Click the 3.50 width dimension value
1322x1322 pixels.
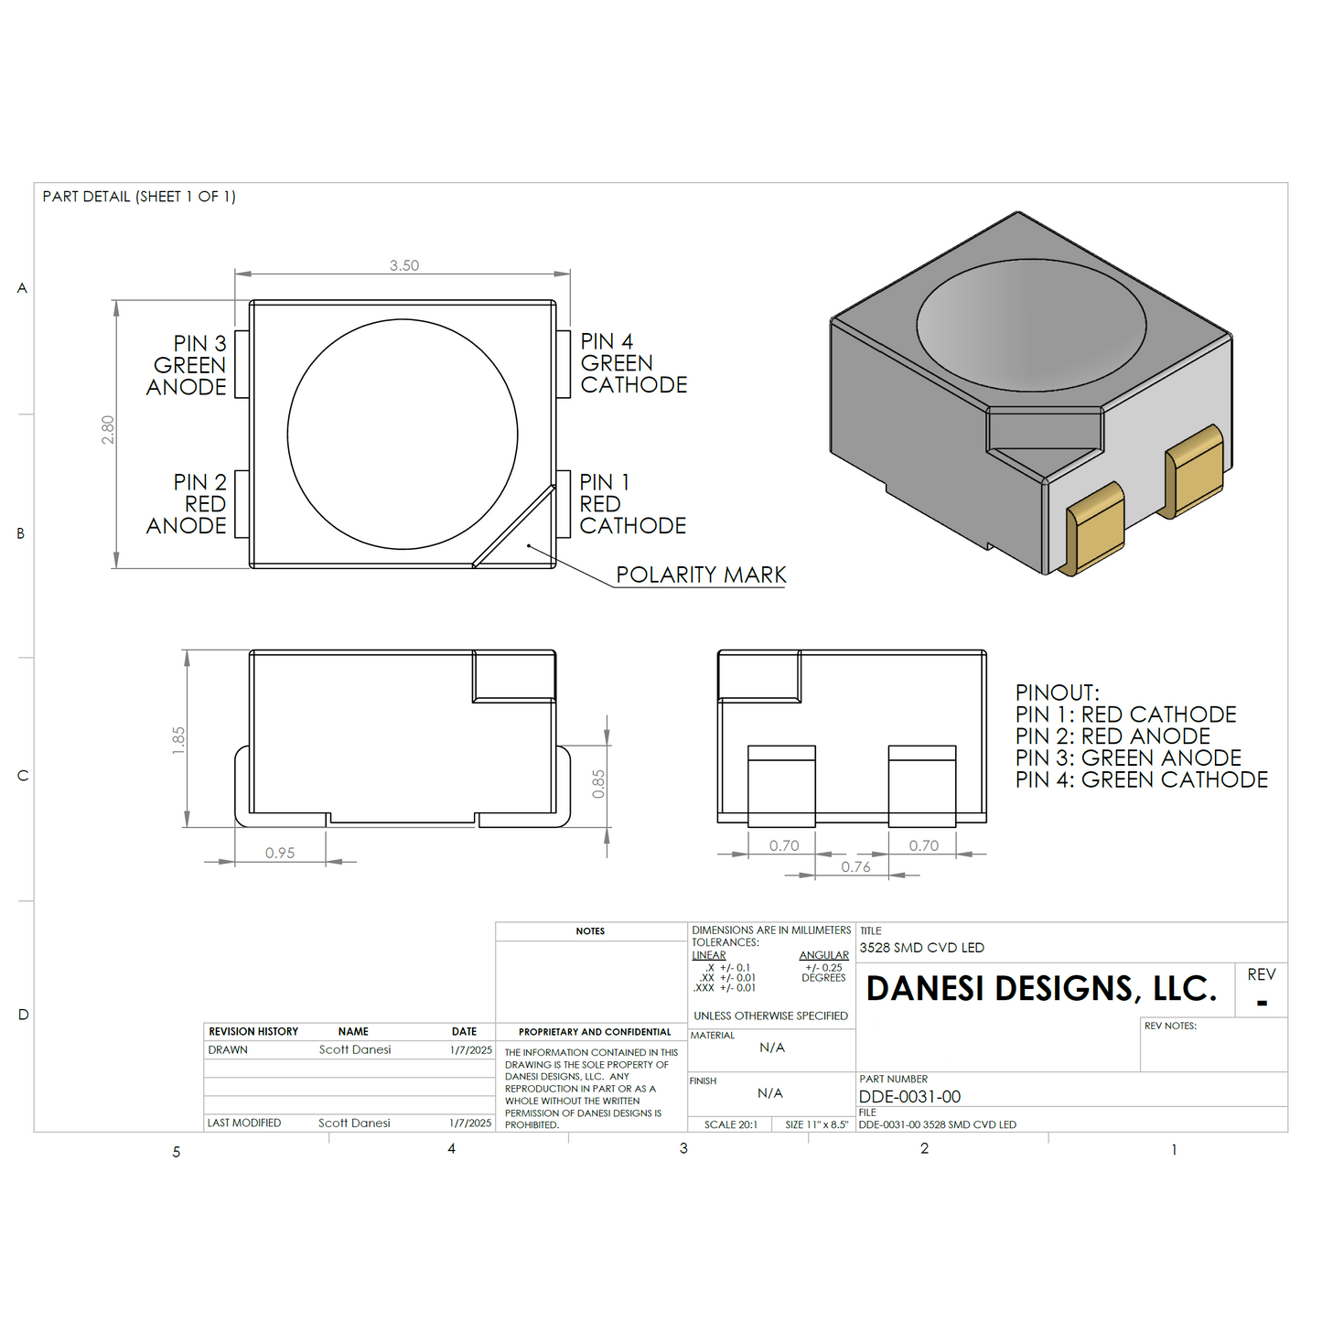tap(404, 265)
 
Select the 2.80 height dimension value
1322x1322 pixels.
tap(108, 429)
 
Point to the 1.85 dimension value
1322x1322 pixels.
tap(178, 740)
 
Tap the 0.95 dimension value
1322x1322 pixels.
tap(280, 853)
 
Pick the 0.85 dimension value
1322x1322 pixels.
tap(598, 784)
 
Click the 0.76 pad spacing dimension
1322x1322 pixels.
tap(855, 867)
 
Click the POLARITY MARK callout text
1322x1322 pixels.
tap(701, 575)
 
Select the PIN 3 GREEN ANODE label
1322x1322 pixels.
tap(186, 365)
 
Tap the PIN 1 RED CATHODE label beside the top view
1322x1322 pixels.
tap(632, 503)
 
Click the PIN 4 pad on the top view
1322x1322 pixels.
tap(563, 363)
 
